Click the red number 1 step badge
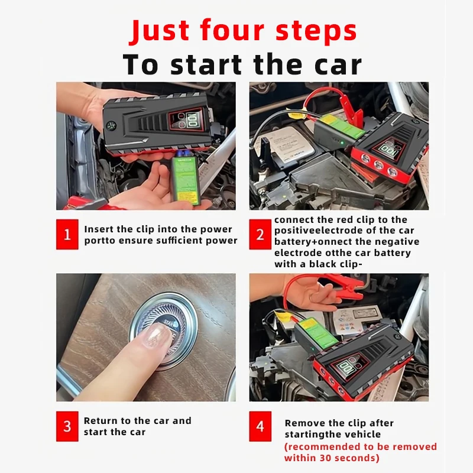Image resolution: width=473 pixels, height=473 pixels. tap(67, 234)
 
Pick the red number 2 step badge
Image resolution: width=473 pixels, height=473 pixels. tap(260, 234)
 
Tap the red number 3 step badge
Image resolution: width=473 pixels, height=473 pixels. tap(67, 426)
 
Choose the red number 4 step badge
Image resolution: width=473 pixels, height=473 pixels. tap(260, 426)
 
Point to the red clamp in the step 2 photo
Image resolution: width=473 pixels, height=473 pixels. tap(350, 109)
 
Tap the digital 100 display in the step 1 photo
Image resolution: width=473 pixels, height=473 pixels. tap(192, 120)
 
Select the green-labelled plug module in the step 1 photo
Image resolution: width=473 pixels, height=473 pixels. tap(184, 177)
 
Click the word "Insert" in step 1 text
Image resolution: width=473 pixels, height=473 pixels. tap(99, 229)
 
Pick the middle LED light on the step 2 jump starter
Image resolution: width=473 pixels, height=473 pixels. tap(378, 165)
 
